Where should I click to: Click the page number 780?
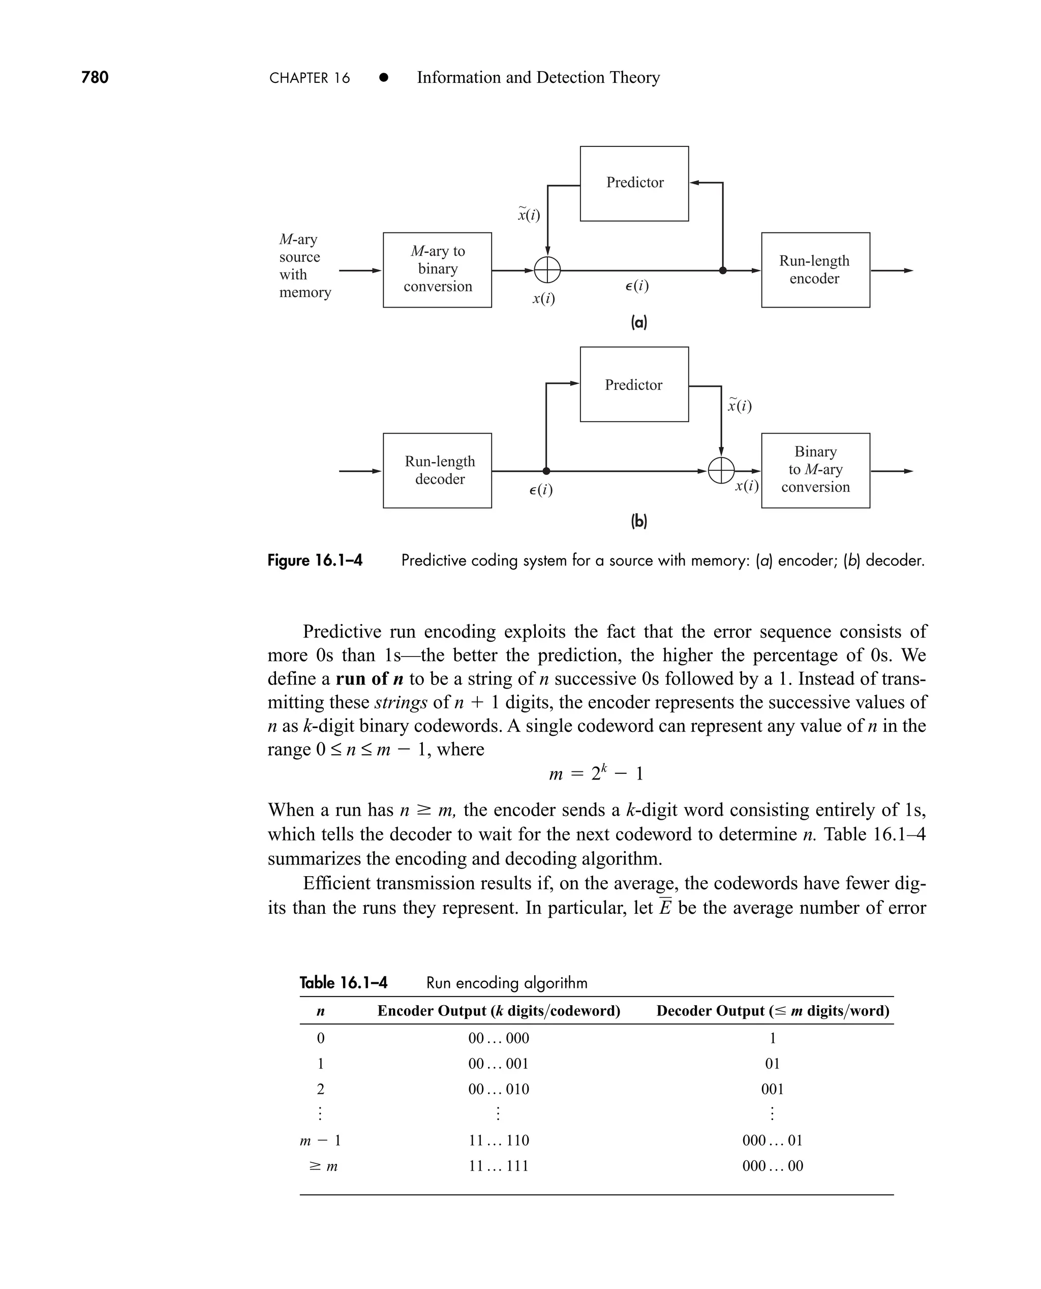tap(95, 77)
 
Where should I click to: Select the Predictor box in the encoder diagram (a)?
tap(634, 184)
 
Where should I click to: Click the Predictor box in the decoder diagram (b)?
tap(634, 384)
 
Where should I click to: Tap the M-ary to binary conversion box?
tap(437, 269)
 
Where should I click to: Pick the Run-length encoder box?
tap(815, 270)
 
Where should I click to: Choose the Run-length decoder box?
tap(437, 470)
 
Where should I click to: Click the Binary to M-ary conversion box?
tap(815, 470)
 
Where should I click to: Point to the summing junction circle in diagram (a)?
tap(547, 271)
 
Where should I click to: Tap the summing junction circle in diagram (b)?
tap(721, 471)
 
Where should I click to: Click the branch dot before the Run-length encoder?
tap(723, 271)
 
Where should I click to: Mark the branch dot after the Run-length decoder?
tap(546, 471)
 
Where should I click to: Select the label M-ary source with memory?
tap(304, 266)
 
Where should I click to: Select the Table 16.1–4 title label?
tap(343, 982)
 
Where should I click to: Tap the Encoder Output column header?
tap(498, 1011)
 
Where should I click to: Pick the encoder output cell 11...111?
tap(498, 1166)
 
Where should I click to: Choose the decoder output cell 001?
tap(772, 1089)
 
